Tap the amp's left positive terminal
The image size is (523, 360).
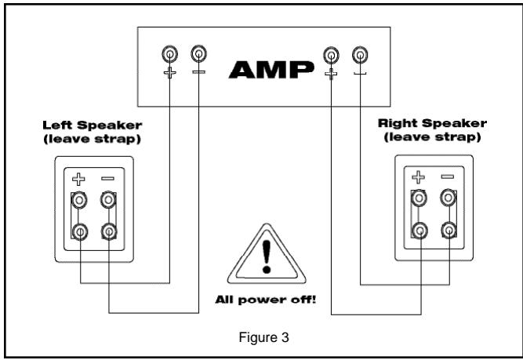[169, 54]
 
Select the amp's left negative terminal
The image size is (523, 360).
[198, 54]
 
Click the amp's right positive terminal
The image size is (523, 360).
[331, 54]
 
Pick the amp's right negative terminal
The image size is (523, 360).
[359, 54]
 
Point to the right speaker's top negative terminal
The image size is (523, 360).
[448, 197]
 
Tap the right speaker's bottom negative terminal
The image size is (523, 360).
[448, 231]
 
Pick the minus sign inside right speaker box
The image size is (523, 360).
[448, 176]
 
